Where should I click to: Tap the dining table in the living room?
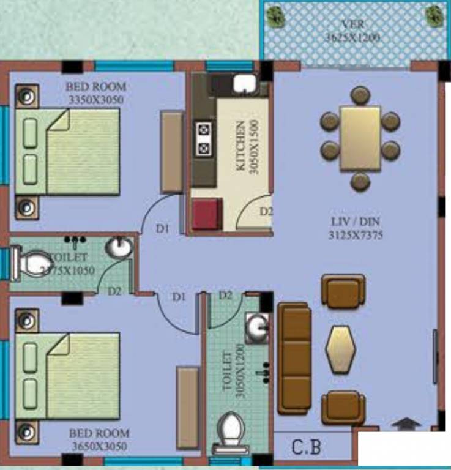click(x=360, y=138)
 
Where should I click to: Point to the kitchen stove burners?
click(x=203, y=139)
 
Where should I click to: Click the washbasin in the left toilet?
click(x=119, y=248)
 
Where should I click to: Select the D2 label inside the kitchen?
click(x=266, y=212)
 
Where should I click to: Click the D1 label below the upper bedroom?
click(x=162, y=229)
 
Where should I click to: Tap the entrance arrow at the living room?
click(x=407, y=423)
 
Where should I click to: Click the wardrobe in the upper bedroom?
click(x=171, y=152)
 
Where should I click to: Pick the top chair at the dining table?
click(x=360, y=95)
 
